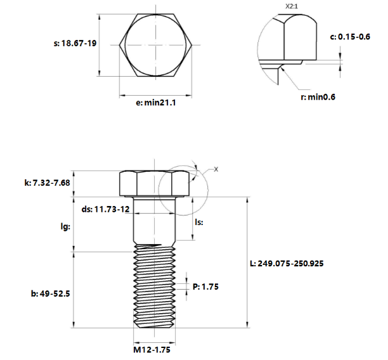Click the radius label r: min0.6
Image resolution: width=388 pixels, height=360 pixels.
click(317, 96)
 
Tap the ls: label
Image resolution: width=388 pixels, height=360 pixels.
click(200, 222)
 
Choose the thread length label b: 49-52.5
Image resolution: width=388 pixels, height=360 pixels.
click(51, 293)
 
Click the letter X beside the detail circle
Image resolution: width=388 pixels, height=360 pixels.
click(215, 169)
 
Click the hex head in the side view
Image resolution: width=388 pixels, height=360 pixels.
click(153, 183)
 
